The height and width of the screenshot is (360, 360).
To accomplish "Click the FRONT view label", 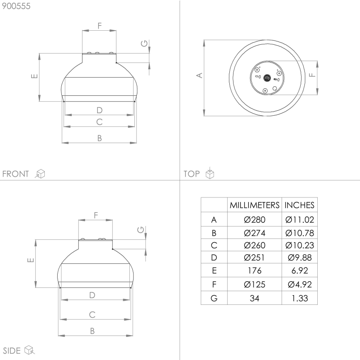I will click(16, 174).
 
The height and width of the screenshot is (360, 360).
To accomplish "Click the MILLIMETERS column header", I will click(255, 205).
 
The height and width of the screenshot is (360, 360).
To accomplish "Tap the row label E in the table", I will click(214, 271).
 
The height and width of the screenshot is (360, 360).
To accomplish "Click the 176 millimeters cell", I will click(255, 271).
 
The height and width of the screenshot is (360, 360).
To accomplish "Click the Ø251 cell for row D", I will click(255, 258).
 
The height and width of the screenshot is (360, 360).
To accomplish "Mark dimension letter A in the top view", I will click(199, 75).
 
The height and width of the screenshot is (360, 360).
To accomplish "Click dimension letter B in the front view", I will click(100, 138).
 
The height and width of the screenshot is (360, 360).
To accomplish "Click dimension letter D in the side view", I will click(92, 295).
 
